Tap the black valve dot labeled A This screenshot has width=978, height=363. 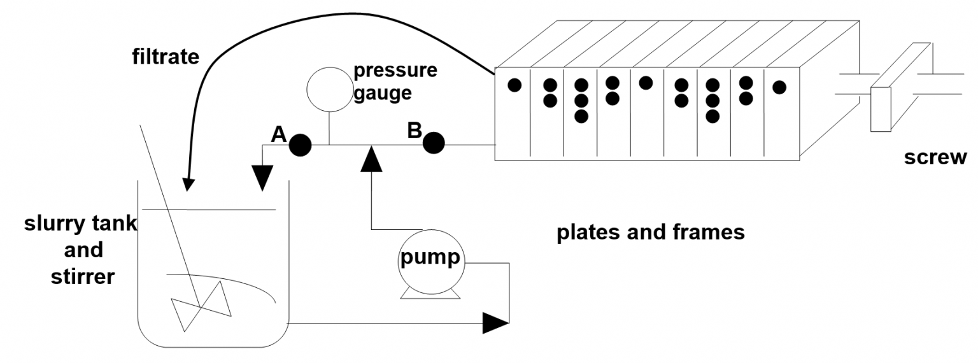300,146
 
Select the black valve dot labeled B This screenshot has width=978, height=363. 434,143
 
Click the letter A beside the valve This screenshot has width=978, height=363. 278,134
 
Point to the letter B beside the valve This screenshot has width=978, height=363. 415,131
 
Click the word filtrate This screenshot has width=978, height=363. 166,58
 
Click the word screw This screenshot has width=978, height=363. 935,157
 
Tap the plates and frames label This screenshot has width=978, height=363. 650,232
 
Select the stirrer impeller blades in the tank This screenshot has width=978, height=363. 201,306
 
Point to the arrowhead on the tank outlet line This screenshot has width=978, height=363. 496,323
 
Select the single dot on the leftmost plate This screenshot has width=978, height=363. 514,85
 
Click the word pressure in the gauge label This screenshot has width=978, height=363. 395,70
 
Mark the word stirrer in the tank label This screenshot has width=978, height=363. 83,276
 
